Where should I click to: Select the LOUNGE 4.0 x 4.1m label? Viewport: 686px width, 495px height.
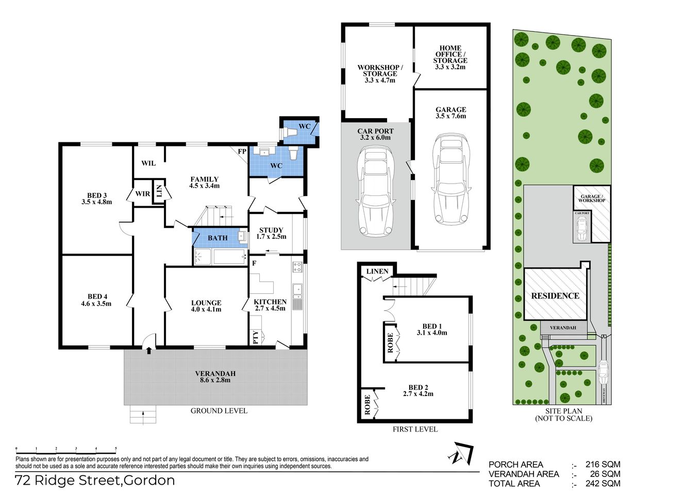pyautogui.click(x=206, y=306)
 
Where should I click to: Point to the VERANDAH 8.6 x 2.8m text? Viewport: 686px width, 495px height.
pyautogui.click(x=215, y=377)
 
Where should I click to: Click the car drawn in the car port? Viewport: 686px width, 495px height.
pyautogui.click(x=375, y=191)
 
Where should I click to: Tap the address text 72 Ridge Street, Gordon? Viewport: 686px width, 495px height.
pyautogui.click(x=95, y=481)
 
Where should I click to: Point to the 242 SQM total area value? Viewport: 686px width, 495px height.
pyautogui.click(x=603, y=484)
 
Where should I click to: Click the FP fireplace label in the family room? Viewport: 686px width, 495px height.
pyautogui.click(x=242, y=152)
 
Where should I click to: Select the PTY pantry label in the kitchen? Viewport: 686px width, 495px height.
pyautogui.click(x=256, y=337)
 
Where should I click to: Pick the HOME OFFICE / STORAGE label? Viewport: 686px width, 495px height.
pyautogui.click(x=450, y=57)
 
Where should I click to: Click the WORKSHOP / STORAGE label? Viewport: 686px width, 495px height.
pyautogui.click(x=380, y=74)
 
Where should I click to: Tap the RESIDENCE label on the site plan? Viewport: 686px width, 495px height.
pyautogui.click(x=555, y=295)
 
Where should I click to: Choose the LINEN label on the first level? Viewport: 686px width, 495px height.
pyautogui.click(x=377, y=271)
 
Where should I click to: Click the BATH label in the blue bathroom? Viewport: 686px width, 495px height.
pyautogui.click(x=217, y=238)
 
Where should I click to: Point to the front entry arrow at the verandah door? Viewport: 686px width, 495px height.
pyautogui.click(x=149, y=351)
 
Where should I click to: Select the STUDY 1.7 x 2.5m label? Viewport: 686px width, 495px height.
pyautogui.click(x=271, y=234)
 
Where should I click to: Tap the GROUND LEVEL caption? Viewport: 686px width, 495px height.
pyautogui.click(x=219, y=411)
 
